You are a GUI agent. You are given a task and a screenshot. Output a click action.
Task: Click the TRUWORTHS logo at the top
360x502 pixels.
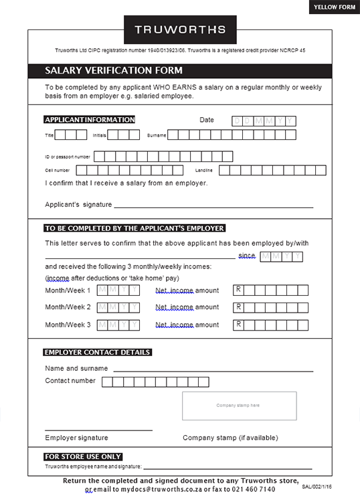tap(180, 29)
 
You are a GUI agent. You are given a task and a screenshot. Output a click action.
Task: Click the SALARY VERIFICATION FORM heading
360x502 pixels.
tap(114, 70)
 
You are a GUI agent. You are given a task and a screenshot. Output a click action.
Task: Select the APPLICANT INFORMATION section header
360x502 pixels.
tap(90, 120)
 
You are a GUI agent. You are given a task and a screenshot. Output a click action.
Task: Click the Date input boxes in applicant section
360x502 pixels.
tap(263, 121)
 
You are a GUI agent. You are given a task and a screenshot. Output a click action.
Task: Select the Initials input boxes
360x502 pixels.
tap(123, 135)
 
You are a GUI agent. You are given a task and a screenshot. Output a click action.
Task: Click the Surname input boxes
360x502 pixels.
tap(232, 135)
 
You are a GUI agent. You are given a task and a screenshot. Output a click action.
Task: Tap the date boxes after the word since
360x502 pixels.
tap(281, 256)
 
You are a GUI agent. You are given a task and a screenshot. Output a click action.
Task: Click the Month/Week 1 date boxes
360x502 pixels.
tap(118, 290)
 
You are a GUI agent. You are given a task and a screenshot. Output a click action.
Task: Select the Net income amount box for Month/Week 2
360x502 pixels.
tap(270, 308)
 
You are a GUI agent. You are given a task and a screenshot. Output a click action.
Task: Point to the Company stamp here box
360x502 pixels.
tap(239, 406)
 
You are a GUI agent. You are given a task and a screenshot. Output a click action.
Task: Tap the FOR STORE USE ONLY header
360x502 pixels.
tap(83, 456)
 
